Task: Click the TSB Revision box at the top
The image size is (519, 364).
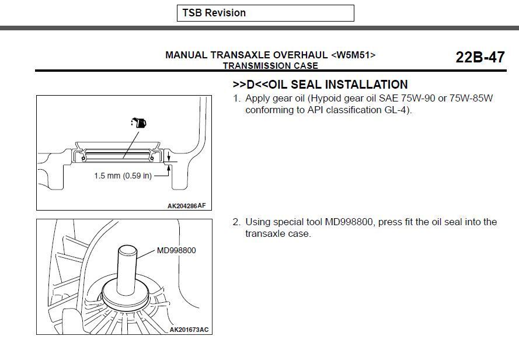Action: [x=265, y=13]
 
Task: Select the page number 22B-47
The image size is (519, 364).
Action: [x=480, y=57]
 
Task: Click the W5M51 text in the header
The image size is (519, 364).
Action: [x=353, y=55]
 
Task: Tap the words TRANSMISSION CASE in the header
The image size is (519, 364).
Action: [x=270, y=66]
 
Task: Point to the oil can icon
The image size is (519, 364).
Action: [x=139, y=123]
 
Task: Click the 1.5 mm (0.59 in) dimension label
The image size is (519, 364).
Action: [x=123, y=175]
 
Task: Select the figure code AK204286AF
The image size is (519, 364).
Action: [x=186, y=205]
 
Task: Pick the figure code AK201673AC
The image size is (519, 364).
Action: [x=189, y=330]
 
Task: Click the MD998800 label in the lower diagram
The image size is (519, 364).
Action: [x=176, y=251]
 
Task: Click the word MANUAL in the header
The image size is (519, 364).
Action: [x=186, y=55]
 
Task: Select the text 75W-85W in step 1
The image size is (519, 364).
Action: [x=470, y=98]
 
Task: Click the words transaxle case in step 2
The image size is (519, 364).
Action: [x=278, y=233]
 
